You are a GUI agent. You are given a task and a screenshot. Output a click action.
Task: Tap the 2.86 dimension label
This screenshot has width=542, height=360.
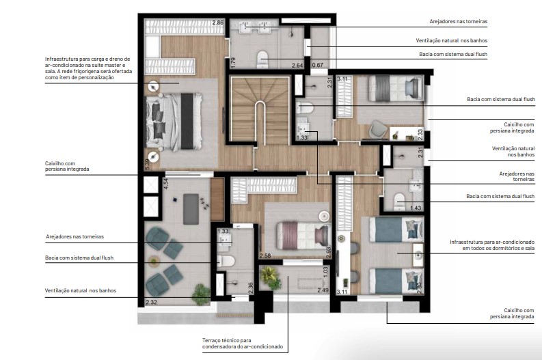(218, 23)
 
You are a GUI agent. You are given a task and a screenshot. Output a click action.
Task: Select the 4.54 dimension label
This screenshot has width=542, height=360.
(165, 182)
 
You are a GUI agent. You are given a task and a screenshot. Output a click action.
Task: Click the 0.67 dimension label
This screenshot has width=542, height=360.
(318, 66)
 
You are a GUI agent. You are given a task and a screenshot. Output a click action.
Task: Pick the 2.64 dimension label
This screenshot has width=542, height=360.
(297, 66)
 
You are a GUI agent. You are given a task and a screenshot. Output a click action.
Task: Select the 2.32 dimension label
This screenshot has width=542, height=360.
(152, 301)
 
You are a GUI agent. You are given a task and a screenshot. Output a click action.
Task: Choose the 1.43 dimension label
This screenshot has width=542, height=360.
(416, 208)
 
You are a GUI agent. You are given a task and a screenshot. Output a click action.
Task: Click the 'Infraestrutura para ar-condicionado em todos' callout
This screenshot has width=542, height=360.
(492, 245)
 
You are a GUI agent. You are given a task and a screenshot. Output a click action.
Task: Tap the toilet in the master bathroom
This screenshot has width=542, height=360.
(263, 60)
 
